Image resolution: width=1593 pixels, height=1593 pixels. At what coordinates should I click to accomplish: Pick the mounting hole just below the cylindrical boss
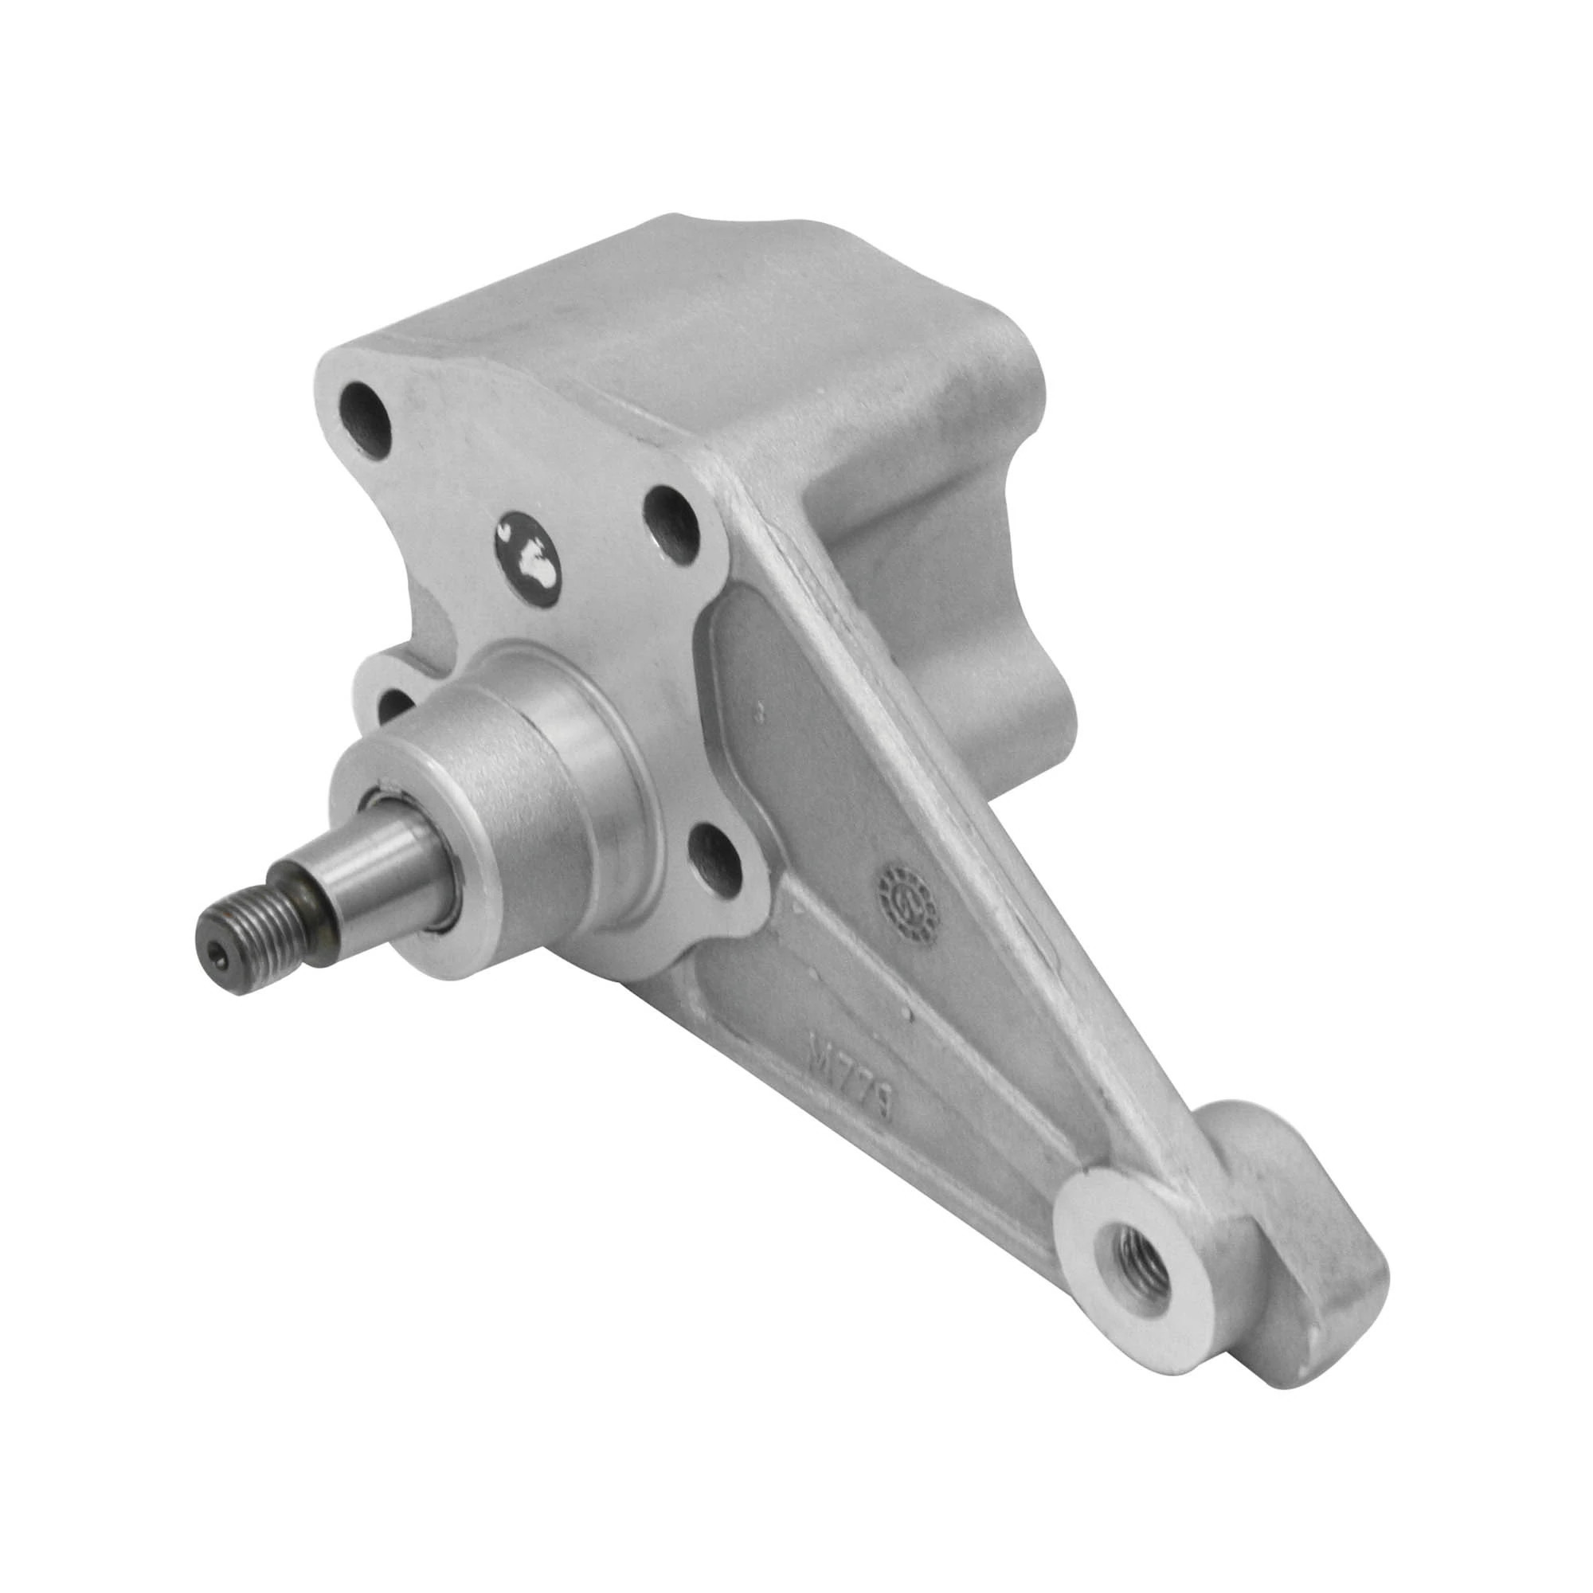tap(718, 865)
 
